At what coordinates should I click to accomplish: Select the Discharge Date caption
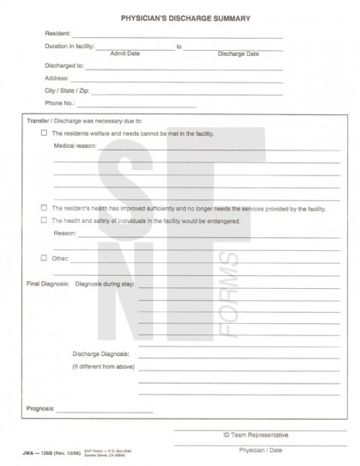click(238, 52)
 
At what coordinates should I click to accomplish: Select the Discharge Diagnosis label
click(101, 353)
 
